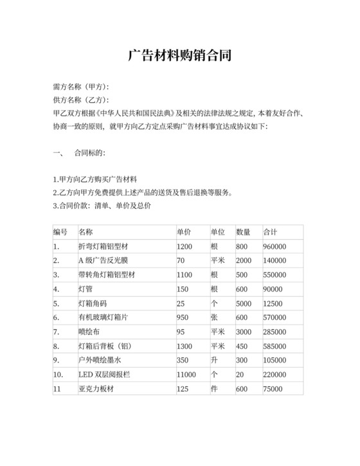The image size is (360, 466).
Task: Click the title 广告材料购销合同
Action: [x=179, y=55]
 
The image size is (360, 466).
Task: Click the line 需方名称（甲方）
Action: [x=80, y=87]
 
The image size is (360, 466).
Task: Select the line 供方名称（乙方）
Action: [x=80, y=100]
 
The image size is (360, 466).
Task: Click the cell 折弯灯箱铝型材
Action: [x=104, y=246]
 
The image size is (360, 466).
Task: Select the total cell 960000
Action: [x=274, y=246]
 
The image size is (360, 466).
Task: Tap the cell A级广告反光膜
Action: [x=102, y=260]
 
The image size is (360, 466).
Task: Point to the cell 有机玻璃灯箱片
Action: [x=104, y=318]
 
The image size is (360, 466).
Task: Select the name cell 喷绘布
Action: [x=89, y=332]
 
